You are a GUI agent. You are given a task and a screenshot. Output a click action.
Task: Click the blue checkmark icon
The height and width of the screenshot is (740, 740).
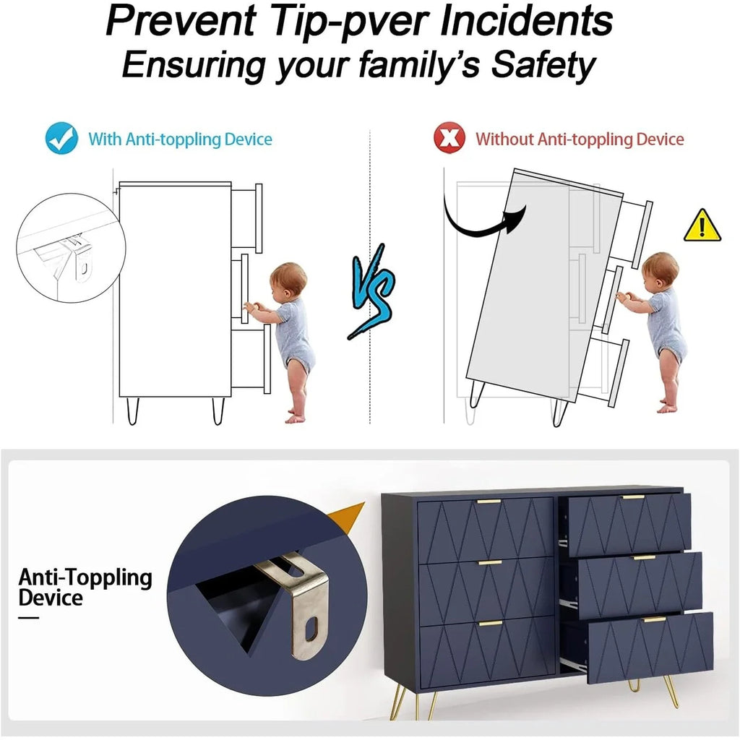click(x=62, y=138)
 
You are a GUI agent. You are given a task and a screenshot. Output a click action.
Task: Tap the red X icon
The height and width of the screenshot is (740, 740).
click(x=449, y=138)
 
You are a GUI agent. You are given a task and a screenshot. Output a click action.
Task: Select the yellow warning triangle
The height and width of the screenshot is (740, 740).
click(x=702, y=225)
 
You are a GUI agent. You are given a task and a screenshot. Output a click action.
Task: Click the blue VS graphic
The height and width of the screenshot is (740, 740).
click(x=372, y=291)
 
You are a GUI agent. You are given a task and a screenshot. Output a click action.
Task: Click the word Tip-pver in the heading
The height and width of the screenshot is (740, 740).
click(x=351, y=20)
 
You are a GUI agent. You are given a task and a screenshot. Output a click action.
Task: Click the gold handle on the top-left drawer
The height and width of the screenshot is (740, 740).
click(x=489, y=502)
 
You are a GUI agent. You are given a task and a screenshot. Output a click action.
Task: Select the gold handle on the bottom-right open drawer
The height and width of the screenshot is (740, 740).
click(x=655, y=619)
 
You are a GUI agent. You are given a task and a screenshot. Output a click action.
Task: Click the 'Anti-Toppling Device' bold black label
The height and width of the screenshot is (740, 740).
click(x=85, y=588)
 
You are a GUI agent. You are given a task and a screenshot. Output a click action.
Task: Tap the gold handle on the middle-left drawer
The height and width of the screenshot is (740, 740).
click(x=490, y=562)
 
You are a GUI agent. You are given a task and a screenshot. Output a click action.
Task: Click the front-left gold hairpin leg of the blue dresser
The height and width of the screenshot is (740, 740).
click(x=400, y=702)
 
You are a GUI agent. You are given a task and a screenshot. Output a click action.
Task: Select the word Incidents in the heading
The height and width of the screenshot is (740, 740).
click(x=526, y=20)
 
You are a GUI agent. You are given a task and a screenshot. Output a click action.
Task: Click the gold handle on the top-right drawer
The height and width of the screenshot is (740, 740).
click(x=633, y=497)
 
